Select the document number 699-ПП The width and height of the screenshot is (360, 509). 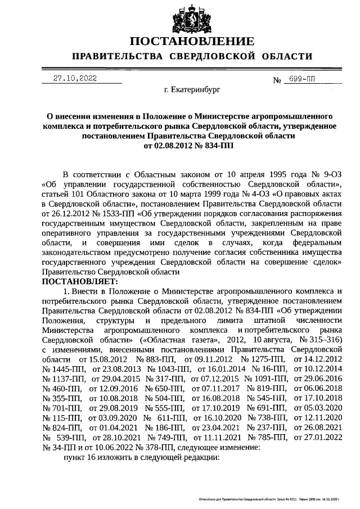coord(299,80)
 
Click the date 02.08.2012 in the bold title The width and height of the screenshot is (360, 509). coord(170,145)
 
